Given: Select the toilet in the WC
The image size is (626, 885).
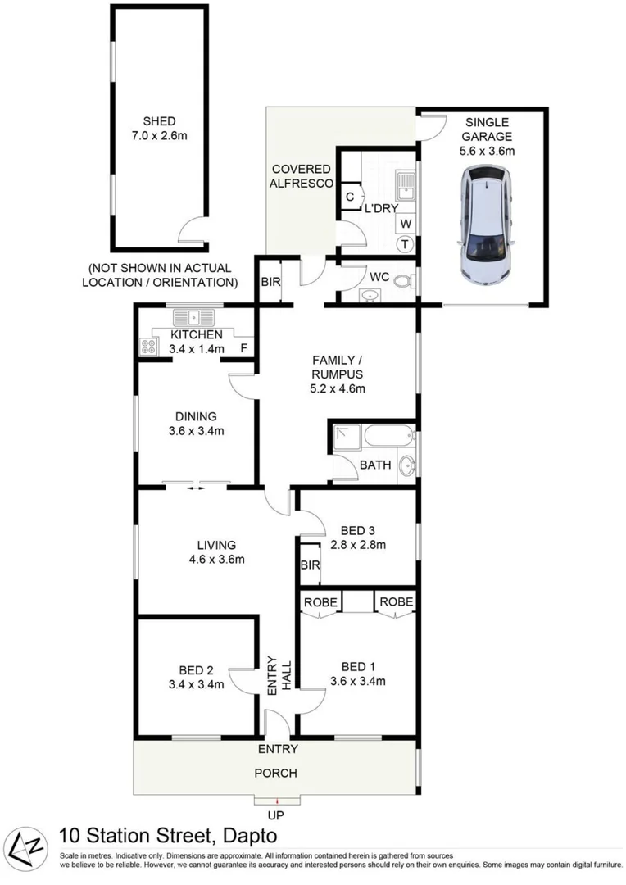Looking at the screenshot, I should coord(402,282).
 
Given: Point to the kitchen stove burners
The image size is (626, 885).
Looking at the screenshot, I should coord(148,347).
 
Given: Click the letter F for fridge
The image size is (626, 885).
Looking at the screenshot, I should coord(243,348).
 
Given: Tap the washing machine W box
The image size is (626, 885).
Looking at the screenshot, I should coord(405,223).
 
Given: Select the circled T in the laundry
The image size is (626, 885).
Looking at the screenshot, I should coord(405,243).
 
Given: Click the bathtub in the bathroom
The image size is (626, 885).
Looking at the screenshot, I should coord(388,434).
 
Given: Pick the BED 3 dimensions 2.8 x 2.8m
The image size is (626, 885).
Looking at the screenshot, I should coord(357,544).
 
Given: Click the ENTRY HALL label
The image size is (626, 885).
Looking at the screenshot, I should coord(280,678).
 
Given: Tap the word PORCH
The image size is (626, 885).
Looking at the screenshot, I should coord(275,773).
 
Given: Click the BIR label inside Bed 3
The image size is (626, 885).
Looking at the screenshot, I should coord(310,565).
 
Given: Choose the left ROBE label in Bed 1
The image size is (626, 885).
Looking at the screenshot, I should coord(320,602).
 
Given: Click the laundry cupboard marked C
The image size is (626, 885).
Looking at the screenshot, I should coord(350,197).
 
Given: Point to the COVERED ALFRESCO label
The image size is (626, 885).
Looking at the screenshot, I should coord(302,175).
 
